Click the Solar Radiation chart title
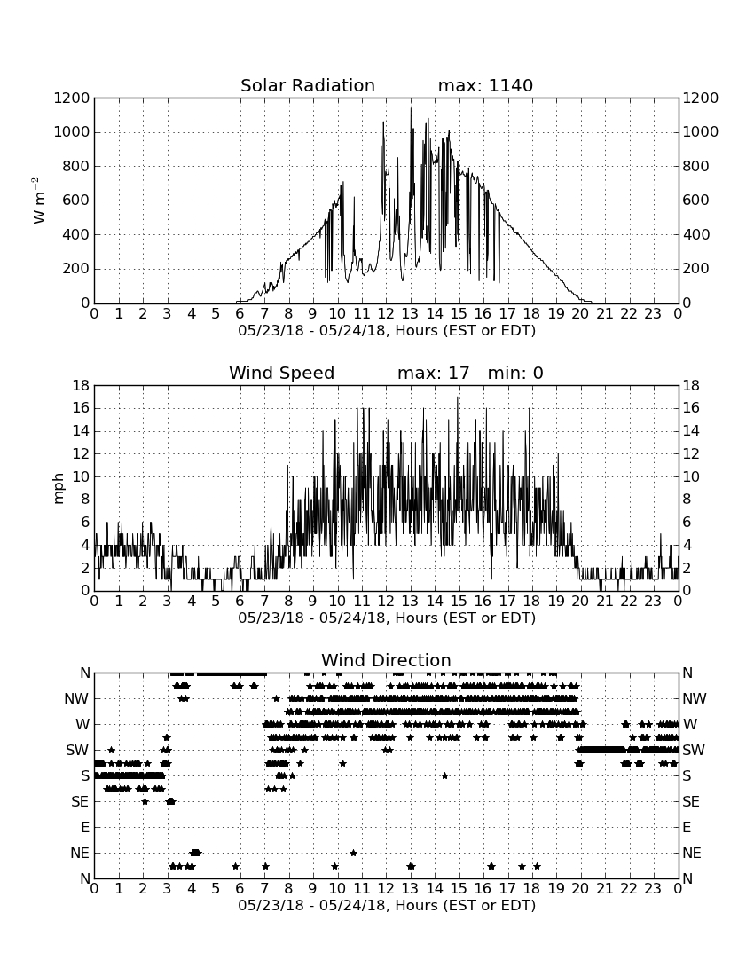pos(308,85)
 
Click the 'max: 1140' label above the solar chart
pos(485,85)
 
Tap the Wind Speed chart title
pos(282,373)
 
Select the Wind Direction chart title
pos(387,660)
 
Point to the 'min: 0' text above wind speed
pos(515,373)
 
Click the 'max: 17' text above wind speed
pos(433,373)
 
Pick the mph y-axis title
pos(58,489)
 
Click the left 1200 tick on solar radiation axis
pos(72,98)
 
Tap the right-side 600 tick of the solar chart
pos(696,201)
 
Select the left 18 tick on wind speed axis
pos(82,386)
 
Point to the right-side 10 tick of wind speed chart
pos(691,476)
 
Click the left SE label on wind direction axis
pos(80,802)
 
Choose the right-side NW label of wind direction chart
pos(695,699)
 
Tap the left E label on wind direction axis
pos(85,827)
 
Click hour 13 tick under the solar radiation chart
pos(410,313)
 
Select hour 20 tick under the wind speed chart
pos(580,601)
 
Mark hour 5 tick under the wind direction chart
pos(216,888)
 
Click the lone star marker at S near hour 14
pos(444,775)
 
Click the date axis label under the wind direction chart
pos(387,905)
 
